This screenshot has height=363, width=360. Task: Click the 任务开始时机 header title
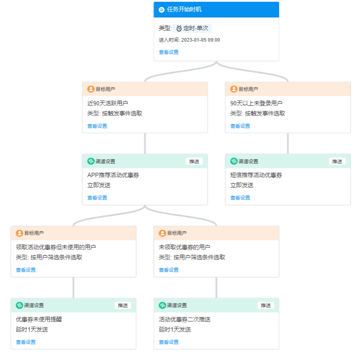[x=184, y=10]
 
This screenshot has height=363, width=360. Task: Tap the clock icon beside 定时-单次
[x=179, y=28]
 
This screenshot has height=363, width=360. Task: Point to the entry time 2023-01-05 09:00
[x=200, y=40]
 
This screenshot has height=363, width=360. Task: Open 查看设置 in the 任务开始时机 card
[x=169, y=52]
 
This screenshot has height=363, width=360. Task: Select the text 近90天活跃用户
[x=108, y=103]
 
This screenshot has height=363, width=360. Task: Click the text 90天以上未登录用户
[x=256, y=103]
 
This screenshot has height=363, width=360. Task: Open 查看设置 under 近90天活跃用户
[x=97, y=126]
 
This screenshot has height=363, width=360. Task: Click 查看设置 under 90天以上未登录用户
[x=240, y=126]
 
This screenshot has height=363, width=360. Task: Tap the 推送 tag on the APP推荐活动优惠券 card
[x=194, y=161]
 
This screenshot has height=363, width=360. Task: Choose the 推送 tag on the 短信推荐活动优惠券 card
[x=337, y=161]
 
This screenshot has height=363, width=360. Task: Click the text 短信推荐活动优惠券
[x=256, y=175]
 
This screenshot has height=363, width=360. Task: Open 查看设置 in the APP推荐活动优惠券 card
[x=97, y=198]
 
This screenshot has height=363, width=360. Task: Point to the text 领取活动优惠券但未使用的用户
[x=56, y=247]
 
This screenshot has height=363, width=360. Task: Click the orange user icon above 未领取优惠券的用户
[x=162, y=233]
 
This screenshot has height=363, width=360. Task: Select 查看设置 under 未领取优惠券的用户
[x=169, y=270]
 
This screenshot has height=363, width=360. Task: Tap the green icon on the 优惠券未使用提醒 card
[x=19, y=305]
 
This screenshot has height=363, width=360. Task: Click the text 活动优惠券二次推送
[x=185, y=319]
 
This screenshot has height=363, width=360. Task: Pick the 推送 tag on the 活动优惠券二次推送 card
[x=266, y=305]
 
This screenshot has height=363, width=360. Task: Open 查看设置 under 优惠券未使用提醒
[x=26, y=342]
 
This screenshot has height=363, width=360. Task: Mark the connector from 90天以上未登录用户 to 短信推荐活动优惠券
[x=288, y=143]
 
